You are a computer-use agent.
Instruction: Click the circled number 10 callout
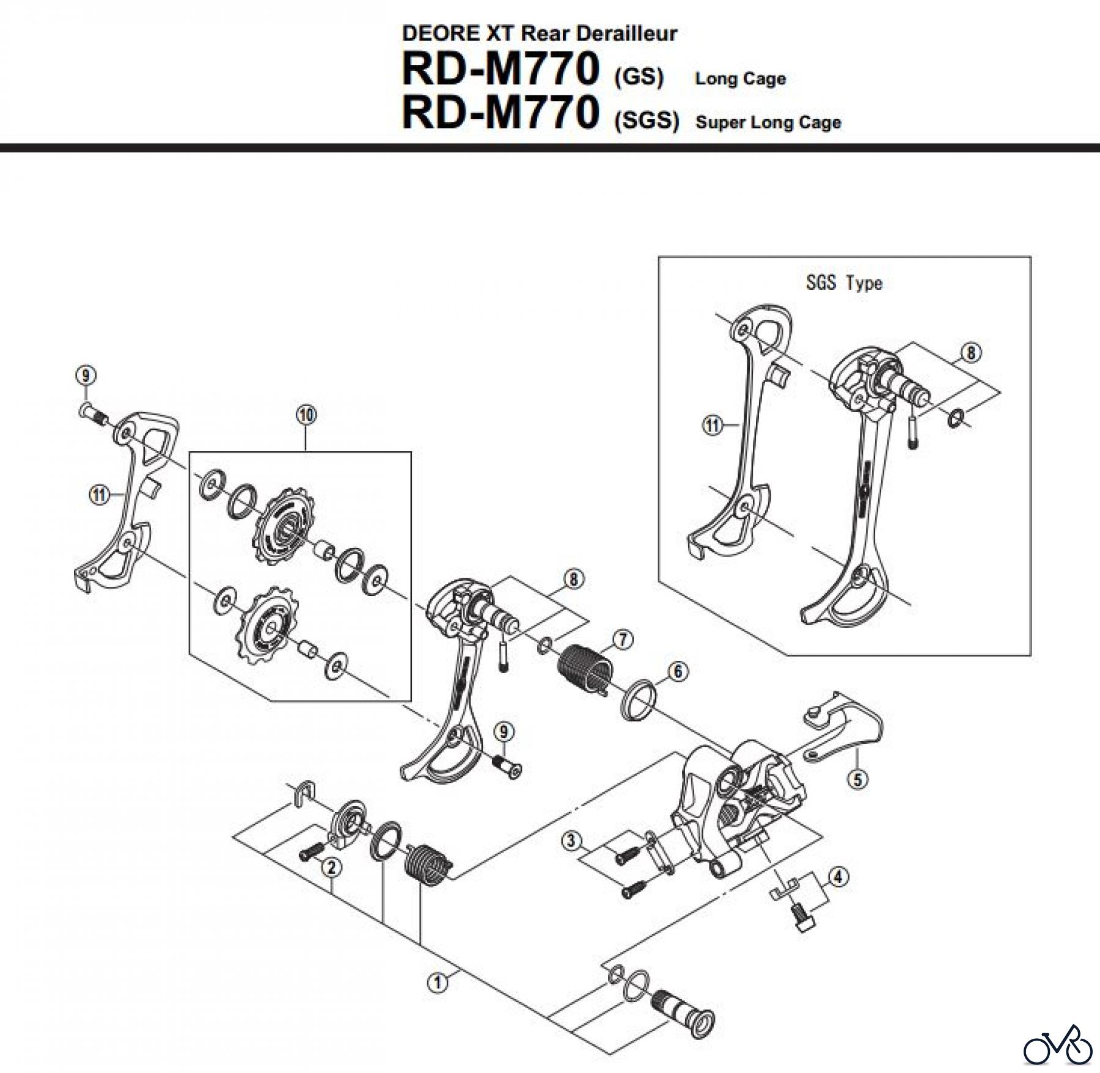pos(306,415)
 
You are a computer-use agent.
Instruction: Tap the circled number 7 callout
pos(623,640)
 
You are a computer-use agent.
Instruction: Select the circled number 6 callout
pos(678,671)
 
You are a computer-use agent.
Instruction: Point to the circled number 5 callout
pos(858,780)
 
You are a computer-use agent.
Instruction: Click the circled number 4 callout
pos(838,877)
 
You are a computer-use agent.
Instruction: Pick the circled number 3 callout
pos(571,841)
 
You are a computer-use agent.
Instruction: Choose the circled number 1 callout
pos(437,983)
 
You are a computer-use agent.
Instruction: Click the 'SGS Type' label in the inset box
pos(844,283)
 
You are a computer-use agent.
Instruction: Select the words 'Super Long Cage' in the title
pos(768,122)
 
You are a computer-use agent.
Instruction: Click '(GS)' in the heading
pos(639,78)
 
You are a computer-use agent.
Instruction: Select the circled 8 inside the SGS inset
pos(970,353)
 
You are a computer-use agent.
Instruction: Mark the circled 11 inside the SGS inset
pos(713,425)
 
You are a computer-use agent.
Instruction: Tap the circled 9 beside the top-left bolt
pos(86,375)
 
